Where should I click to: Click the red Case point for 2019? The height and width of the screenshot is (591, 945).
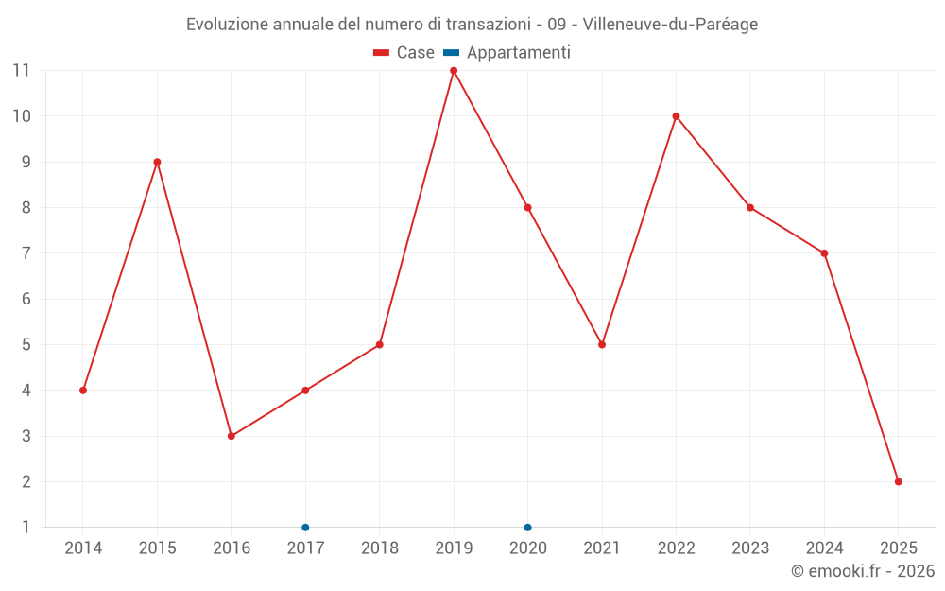454,71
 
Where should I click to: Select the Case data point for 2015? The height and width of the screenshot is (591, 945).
157,162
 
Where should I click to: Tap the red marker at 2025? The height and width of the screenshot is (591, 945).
898,481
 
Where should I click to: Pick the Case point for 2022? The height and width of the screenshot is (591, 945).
676,116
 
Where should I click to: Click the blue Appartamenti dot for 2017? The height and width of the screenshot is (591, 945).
305,527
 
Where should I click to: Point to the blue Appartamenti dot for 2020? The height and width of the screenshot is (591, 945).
527,527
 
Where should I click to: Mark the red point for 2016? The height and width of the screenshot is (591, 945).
232,436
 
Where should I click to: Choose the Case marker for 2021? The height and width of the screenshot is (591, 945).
602,344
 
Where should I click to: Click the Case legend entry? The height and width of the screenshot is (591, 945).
404,53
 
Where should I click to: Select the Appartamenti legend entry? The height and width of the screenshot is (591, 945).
507,53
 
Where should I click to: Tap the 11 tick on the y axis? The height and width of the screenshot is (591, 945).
21,70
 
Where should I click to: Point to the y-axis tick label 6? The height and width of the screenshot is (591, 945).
26,299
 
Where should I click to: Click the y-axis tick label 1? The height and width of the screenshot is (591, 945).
26,527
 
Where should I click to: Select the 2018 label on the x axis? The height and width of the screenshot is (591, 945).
380,548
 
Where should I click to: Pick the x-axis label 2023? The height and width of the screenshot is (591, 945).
750,548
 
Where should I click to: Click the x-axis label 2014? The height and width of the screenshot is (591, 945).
83,548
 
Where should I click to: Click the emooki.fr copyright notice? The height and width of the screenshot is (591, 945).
862,571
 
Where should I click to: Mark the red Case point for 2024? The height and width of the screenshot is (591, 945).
824,253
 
